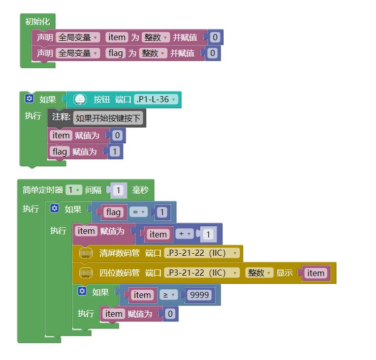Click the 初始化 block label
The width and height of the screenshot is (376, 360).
(37, 21)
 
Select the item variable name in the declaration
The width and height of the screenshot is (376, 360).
(116, 37)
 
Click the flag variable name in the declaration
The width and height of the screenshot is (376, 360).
(116, 53)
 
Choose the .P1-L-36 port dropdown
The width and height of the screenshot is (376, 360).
(156, 100)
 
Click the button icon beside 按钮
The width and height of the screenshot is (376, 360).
(80, 100)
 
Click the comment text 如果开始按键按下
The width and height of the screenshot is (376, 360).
(109, 118)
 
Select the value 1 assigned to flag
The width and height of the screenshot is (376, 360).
(114, 152)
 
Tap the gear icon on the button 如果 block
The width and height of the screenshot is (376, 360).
(29, 99)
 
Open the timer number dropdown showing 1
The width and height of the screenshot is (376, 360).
(73, 190)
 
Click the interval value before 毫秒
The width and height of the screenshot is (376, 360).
(118, 190)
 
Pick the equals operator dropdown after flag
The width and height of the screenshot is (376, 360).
(137, 212)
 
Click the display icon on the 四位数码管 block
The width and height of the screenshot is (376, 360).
(86, 273)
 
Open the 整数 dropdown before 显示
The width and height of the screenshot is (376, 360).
(259, 273)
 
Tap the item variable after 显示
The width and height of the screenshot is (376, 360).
(316, 273)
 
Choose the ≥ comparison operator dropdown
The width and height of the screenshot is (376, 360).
(169, 295)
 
